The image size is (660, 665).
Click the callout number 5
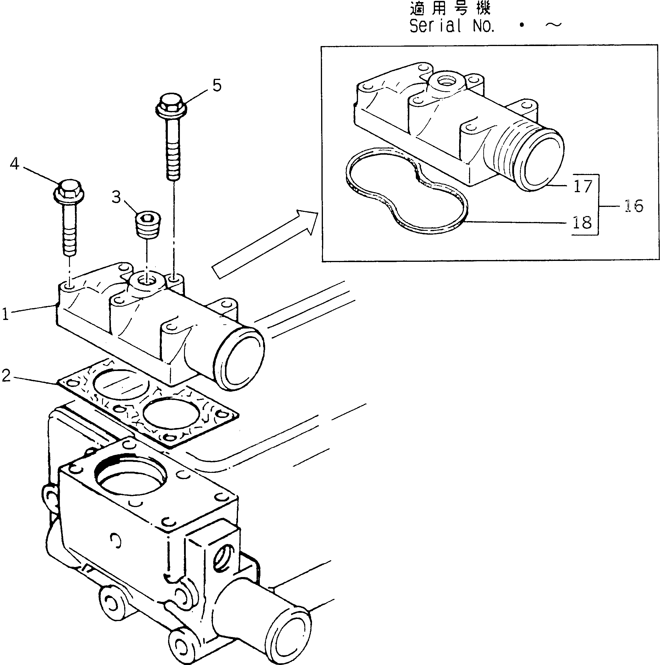tap(217, 85)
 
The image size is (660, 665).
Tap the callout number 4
tap(14, 164)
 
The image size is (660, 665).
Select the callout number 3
tap(116, 197)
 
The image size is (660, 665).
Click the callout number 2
tap(6, 375)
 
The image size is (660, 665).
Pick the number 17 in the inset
tap(583, 186)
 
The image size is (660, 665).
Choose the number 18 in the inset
tap(582, 223)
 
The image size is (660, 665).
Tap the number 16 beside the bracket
tap(633, 206)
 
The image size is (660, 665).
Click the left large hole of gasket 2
tap(121, 385)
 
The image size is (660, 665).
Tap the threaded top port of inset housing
tap(445, 81)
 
